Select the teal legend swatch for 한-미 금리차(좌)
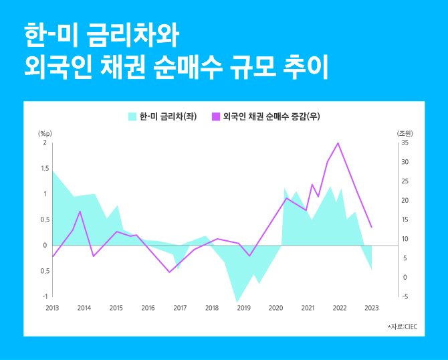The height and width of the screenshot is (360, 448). (x=132, y=116)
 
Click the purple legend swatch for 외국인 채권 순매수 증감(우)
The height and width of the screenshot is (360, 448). (x=216, y=116)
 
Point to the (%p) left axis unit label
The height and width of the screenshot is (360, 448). (x=45, y=133)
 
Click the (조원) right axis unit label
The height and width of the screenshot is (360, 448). (x=405, y=133)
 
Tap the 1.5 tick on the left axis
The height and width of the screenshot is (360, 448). (x=45, y=169)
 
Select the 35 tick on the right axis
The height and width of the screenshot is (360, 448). (x=405, y=143)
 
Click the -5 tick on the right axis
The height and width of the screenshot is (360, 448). (x=405, y=296)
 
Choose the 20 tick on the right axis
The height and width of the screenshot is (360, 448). (x=405, y=201)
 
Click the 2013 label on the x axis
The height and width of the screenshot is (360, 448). (x=52, y=308)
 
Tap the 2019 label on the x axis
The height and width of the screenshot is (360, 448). (x=244, y=308)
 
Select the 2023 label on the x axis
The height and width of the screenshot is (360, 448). (x=372, y=308)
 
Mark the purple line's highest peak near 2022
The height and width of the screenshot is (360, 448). (x=338, y=143)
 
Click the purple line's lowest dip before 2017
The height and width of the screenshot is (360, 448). (x=169, y=272)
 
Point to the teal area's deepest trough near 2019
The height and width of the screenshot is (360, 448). (x=237, y=302)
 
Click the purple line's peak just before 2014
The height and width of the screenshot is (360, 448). (x=80, y=211)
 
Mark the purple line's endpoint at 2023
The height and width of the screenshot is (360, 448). (x=372, y=228)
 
